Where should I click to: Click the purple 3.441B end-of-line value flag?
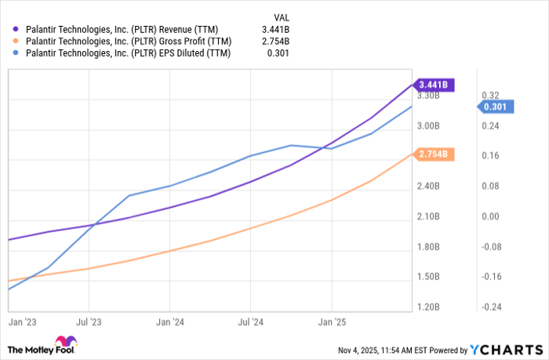point(433,83)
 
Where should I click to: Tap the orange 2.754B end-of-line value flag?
point(433,155)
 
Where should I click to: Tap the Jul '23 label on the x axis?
point(89,322)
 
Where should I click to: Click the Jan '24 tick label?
point(169,322)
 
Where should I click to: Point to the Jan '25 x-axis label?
point(331,322)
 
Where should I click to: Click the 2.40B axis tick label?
point(429,186)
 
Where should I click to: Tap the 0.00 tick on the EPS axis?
point(490,216)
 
